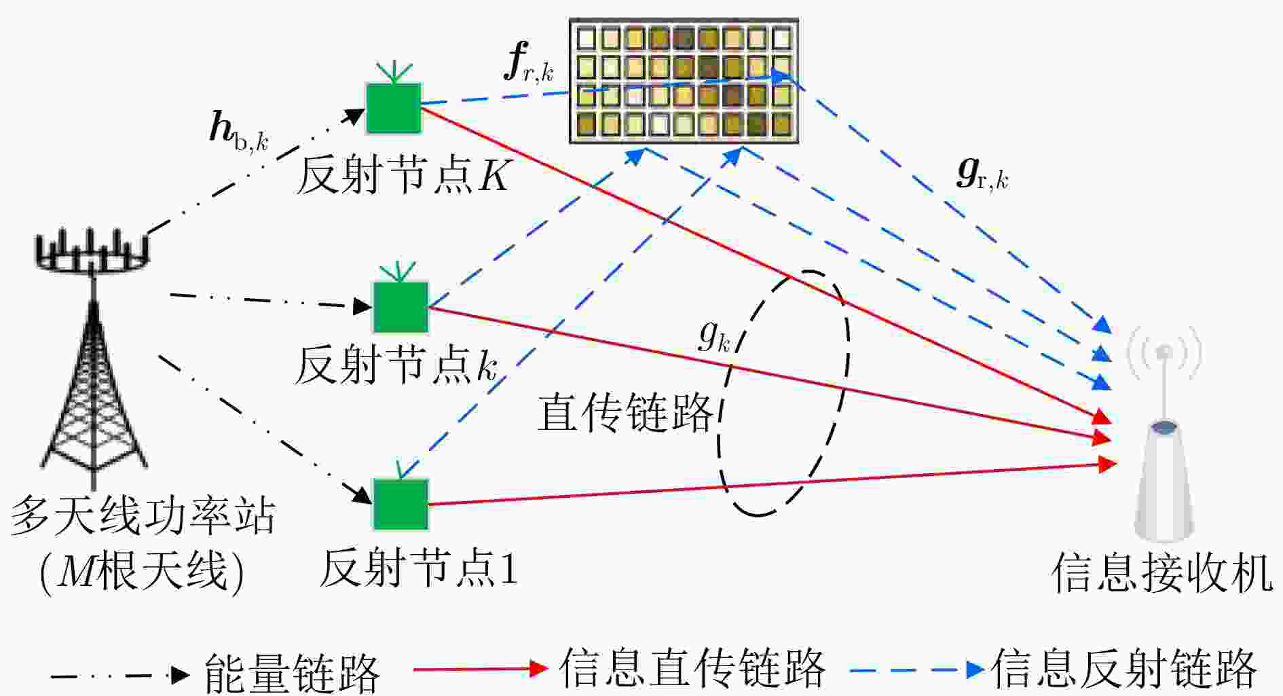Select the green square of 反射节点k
tap(401, 307)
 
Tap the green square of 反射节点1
tap(401, 505)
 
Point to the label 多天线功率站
tap(143, 516)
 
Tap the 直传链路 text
tap(625, 412)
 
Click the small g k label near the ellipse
tap(714, 335)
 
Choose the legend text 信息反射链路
tap(1124, 669)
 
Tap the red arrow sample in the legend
tap(481, 669)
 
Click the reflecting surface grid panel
tap(684, 81)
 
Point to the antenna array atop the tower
tap(92, 252)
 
